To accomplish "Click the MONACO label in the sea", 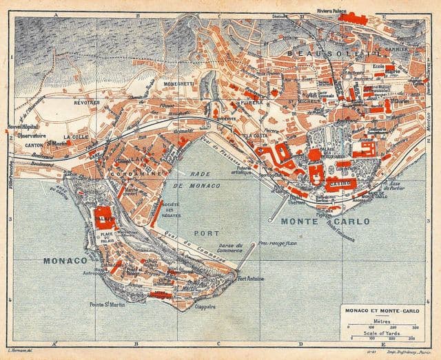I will point(65,261).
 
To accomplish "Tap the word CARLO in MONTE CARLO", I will point(349,222).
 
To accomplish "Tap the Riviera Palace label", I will point(331,11).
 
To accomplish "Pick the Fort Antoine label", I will point(251,279).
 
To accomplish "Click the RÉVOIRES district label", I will point(88,103).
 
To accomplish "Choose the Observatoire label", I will point(32,136).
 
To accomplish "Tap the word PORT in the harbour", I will point(206,233).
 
